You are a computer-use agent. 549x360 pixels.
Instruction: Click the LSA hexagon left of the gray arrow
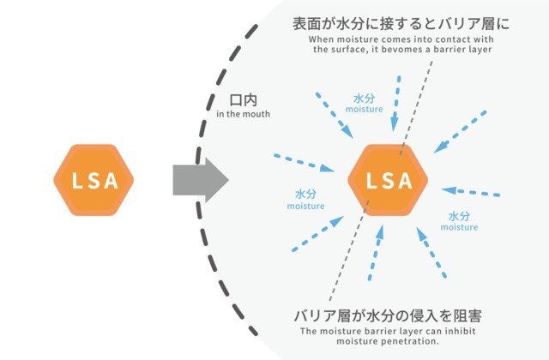click(95, 183)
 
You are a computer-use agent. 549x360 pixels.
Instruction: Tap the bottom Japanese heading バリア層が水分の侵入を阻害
click(387, 315)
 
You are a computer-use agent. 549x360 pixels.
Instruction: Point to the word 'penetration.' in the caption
click(408, 340)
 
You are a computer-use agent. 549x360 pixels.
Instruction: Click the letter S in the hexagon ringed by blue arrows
click(389, 182)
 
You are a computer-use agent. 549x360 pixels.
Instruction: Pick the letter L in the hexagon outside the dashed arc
click(75, 183)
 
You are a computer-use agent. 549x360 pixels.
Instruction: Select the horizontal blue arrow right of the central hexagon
click(474, 190)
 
